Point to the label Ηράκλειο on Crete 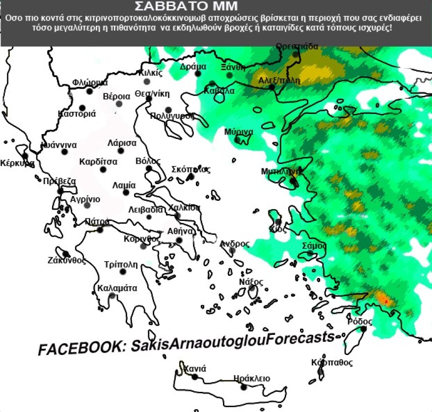pos(252,378)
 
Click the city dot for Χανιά pos(194,377)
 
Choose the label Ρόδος pos(360,322)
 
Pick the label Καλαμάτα pos(117,288)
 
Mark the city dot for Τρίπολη pos(123,272)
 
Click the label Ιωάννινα pos(58,145)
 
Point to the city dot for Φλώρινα pos(89,91)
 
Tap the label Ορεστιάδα pos(297,47)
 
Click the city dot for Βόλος pos(149,168)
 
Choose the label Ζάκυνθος pos(67,260)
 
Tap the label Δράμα pos(193,66)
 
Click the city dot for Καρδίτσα pos(103,169)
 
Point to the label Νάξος pos(251,282)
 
